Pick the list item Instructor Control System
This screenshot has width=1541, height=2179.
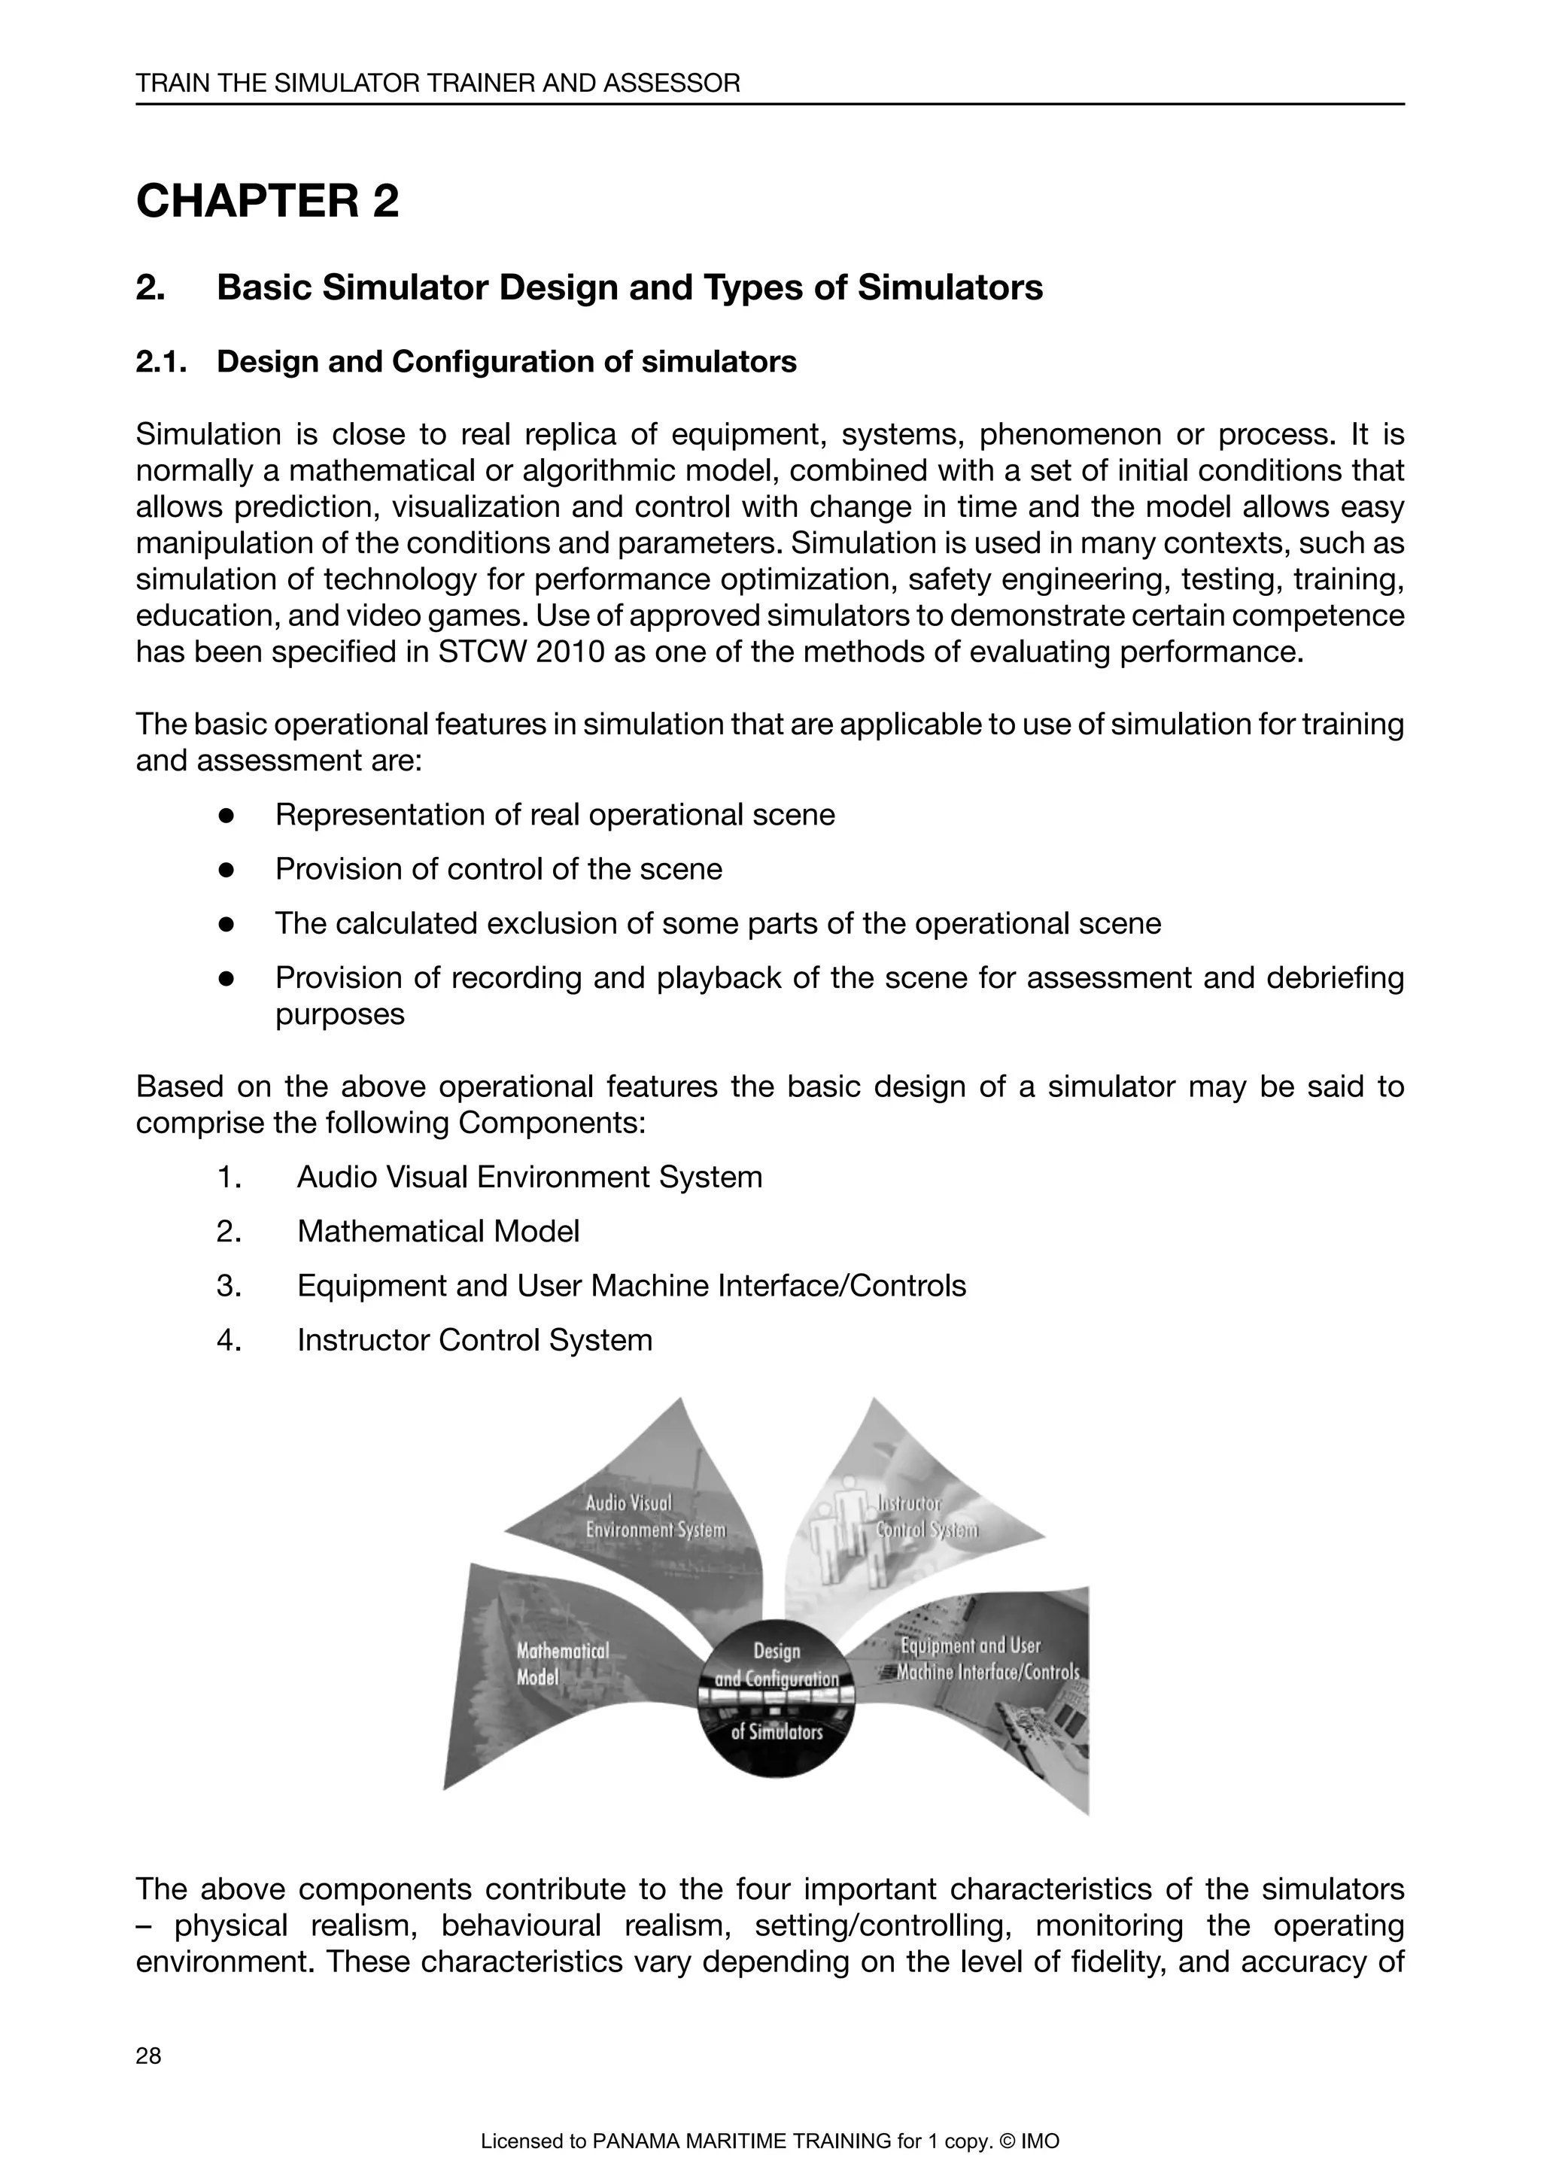pyautogui.click(x=475, y=1340)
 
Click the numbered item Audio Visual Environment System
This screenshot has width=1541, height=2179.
pyautogui.click(x=530, y=1178)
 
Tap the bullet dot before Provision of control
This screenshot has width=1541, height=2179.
pyautogui.click(x=226, y=869)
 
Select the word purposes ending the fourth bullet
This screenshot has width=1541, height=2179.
pyautogui.click(x=339, y=1014)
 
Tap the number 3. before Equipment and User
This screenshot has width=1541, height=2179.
pyautogui.click(x=229, y=1286)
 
